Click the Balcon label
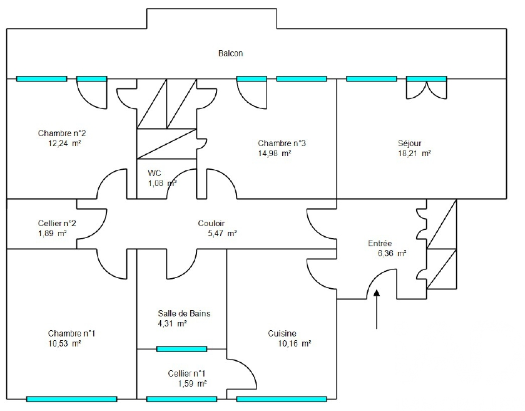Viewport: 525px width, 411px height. pyautogui.click(x=230, y=53)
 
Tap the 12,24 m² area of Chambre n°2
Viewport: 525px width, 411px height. pyautogui.click(x=64, y=143)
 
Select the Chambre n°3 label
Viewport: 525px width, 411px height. pyautogui.click(x=282, y=143)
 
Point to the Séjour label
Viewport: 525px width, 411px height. pyautogui.click(x=409, y=143)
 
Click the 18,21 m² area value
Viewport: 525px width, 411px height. pyautogui.click(x=414, y=153)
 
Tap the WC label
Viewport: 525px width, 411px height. pyautogui.click(x=155, y=174)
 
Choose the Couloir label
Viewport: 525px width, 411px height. pyautogui.click(x=212, y=223)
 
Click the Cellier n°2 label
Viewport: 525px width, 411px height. pyautogui.click(x=57, y=223)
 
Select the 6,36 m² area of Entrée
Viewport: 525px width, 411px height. pyautogui.click(x=392, y=254)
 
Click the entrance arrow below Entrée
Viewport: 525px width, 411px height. pyautogui.click(x=377, y=309)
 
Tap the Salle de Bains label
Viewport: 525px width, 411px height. pyautogui.click(x=184, y=313)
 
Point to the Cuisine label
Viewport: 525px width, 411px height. pyautogui.click(x=282, y=333)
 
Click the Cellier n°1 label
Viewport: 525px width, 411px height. pyautogui.click(x=187, y=373)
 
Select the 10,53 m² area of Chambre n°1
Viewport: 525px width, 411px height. pyautogui.click(x=64, y=343)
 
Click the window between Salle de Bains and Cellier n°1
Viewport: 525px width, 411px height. pyautogui.click(x=181, y=349)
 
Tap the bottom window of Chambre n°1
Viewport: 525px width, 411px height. pyautogui.click(x=72, y=399)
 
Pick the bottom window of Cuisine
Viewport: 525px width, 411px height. pyautogui.click(x=282, y=399)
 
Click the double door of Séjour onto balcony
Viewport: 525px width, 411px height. pyautogui.click(x=427, y=88)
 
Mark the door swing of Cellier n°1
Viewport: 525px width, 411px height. pyautogui.click(x=250, y=368)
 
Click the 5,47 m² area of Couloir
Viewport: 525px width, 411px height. pyautogui.click(x=222, y=233)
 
